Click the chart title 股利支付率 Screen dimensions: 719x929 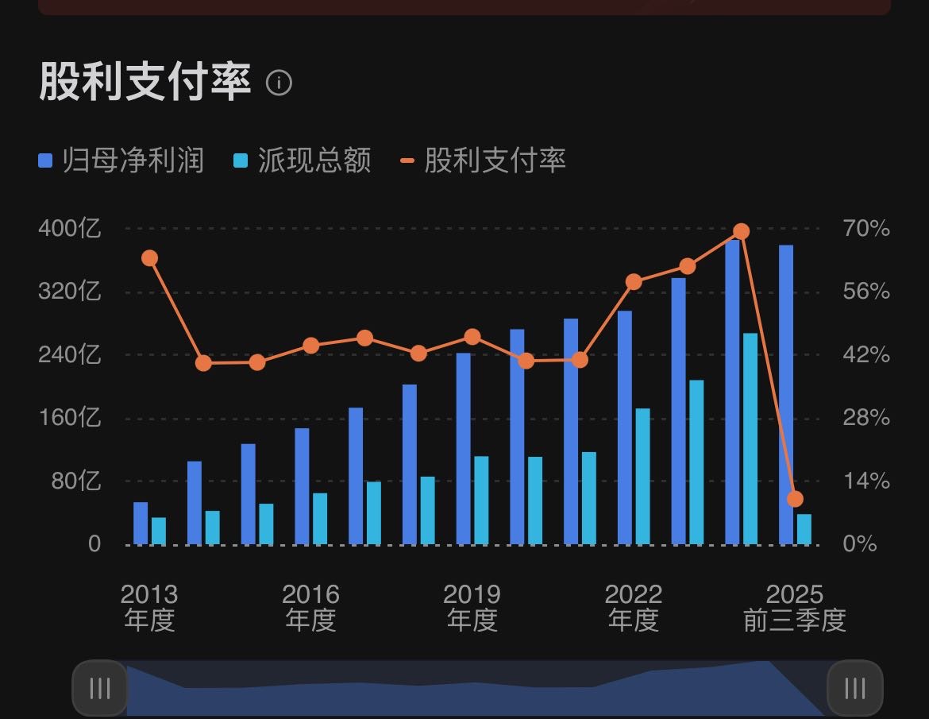145,82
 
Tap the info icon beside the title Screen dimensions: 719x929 279,83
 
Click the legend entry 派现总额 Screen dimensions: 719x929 303,160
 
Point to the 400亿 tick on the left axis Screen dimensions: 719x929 70,229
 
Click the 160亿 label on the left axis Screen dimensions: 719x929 70,418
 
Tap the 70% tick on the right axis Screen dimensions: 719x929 866,229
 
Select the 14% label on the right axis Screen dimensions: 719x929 866,481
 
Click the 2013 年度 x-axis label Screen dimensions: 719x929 149,607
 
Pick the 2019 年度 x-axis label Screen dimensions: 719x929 472,607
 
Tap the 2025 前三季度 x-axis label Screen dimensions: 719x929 795,607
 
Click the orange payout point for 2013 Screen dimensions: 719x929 149,257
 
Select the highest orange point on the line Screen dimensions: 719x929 741,231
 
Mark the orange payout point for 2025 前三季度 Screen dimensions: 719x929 795,499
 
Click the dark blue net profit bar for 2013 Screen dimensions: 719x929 141,524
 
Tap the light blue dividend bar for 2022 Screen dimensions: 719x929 642,477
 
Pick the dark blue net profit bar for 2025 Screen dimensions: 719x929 786,395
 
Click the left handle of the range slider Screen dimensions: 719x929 100,688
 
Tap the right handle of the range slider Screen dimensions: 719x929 854,688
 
